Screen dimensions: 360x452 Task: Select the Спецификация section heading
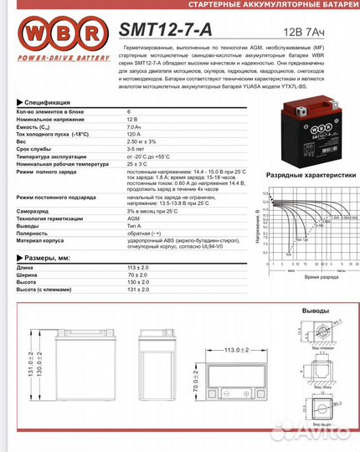50,100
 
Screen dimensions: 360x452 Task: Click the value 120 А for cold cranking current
135,134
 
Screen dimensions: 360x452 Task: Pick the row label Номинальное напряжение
51,119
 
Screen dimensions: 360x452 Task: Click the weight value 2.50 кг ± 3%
142,141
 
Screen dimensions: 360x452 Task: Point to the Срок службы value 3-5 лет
136,149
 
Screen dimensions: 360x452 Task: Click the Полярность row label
34,233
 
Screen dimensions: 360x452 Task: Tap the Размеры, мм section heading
52,259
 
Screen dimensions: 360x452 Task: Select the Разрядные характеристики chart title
305,177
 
